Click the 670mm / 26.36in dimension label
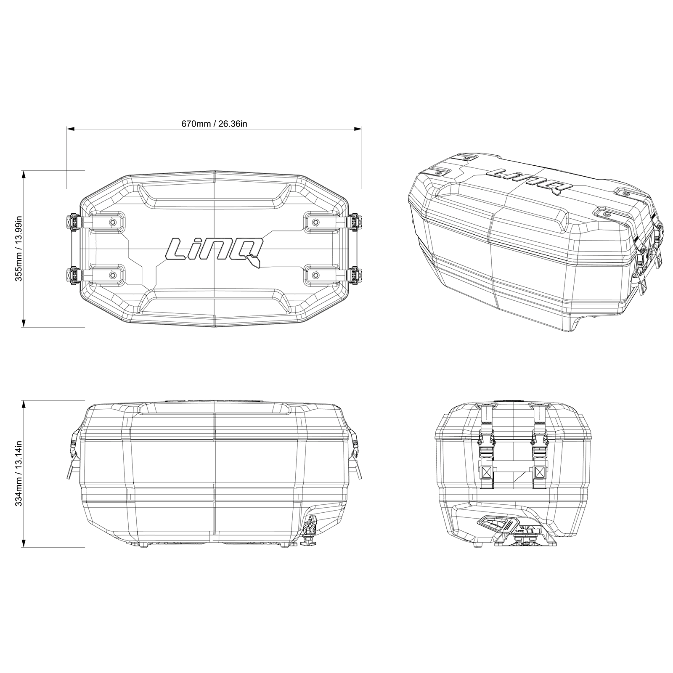click(x=214, y=124)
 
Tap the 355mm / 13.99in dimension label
click(x=18, y=249)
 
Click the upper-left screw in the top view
click(x=112, y=222)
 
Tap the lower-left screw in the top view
click(x=112, y=276)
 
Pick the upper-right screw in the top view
click(x=316, y=222)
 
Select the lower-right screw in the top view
click(x=316, y=276)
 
